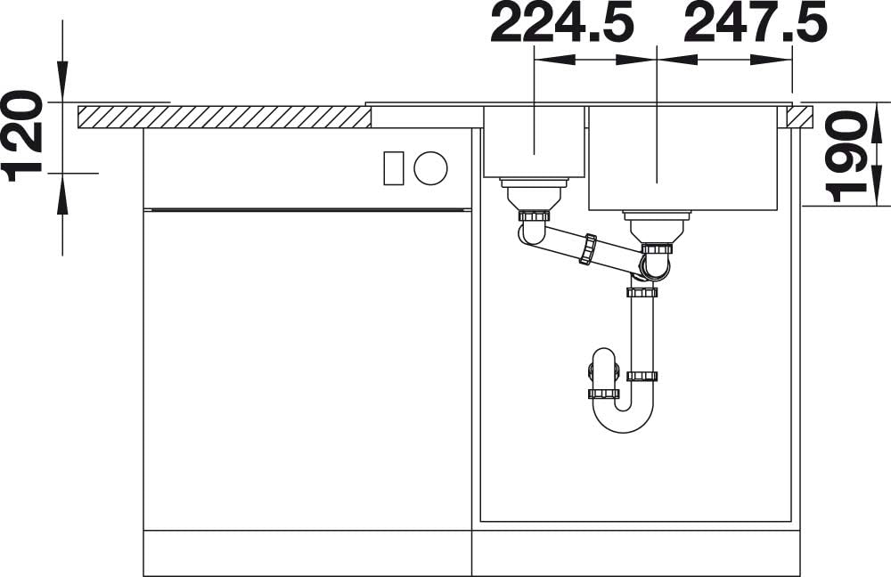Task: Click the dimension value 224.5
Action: point(562,23)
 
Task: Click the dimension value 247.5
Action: point(756,23)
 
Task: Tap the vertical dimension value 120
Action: point(23,135)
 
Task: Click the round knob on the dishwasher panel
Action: point(430,168)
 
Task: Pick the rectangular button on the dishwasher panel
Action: point(394,168)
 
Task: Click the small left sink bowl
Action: point(534,142)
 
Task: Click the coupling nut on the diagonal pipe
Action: point(588,248)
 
